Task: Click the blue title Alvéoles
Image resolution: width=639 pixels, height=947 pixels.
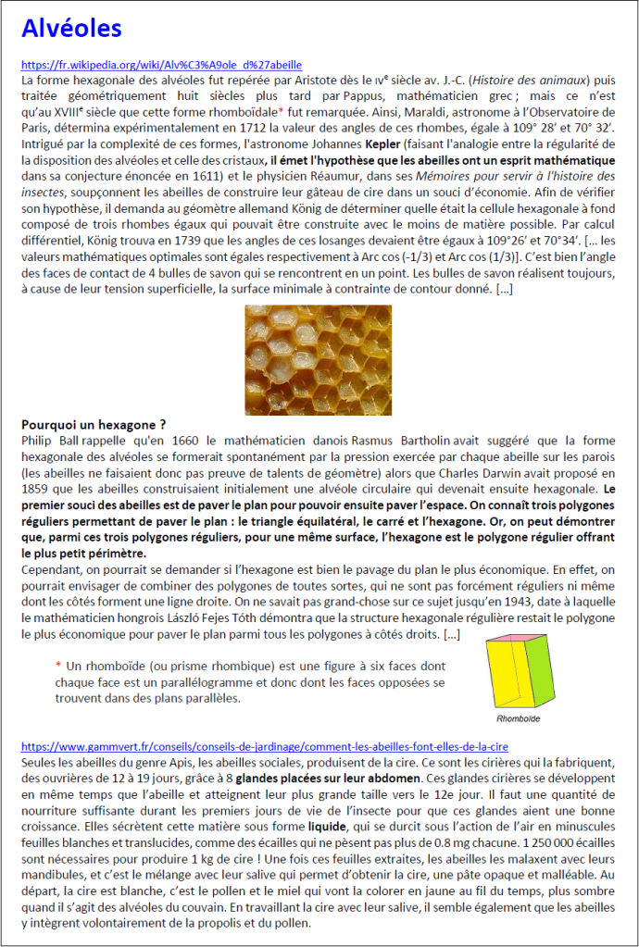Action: [x=71, y=28]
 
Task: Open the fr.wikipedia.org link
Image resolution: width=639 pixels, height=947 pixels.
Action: [x=161, y=66]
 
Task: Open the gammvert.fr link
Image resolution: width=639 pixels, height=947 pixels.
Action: [x=264, y=745]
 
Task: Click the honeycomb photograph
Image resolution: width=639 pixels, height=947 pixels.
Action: [x=318, y=347]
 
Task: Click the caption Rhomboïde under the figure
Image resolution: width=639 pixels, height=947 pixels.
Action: [x=519, y=718]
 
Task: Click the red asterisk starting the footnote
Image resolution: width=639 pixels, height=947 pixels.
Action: [x=58, y=666]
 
